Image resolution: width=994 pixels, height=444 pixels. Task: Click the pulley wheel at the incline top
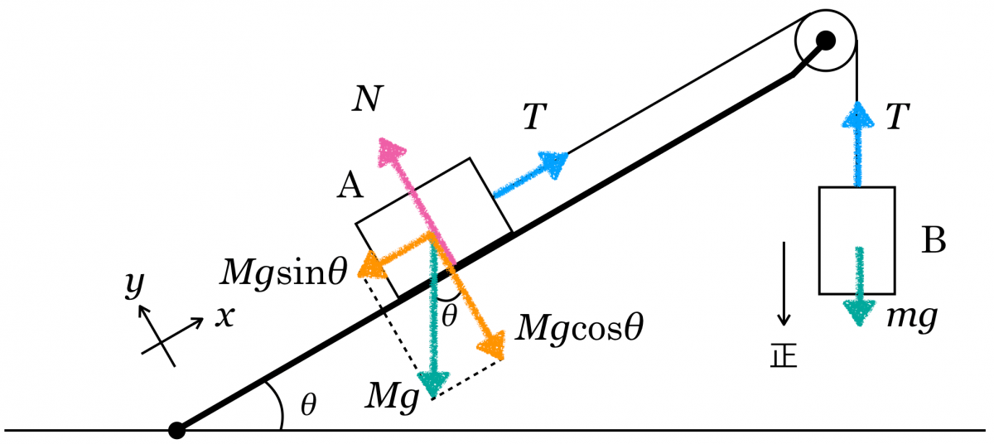[825, 40]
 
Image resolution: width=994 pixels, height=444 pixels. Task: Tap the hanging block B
[856, 240]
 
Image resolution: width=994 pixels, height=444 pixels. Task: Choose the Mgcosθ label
[579, 328]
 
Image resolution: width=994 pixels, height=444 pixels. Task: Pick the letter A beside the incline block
[350, 188]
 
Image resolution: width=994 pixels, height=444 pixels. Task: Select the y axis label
[133, 284]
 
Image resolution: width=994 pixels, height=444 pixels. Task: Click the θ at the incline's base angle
[308, 405]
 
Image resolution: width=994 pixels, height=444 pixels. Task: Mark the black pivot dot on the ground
[176, 430]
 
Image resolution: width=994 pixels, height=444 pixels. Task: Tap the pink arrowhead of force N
[390, 151]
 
